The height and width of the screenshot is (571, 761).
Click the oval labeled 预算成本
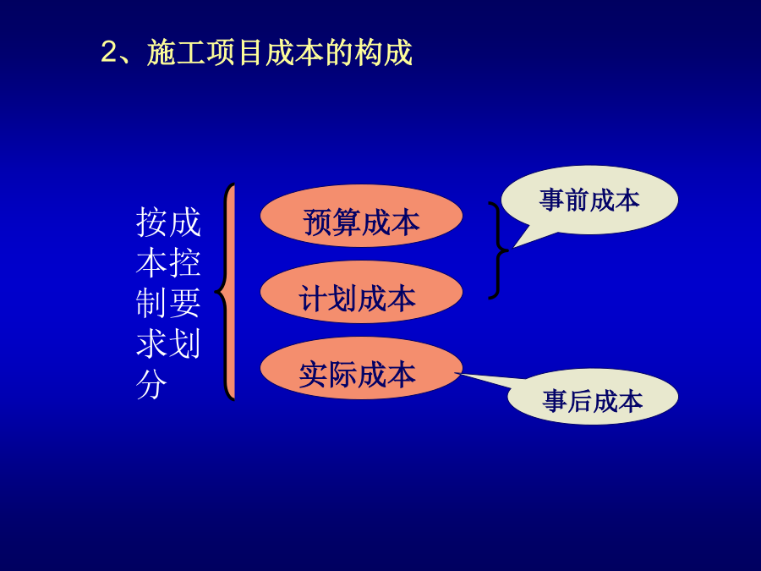(361, 216)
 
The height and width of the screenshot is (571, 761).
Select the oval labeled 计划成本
(361, 292)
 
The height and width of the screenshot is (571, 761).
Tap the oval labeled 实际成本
(361, 368)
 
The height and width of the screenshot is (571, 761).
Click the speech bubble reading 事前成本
(589, 200)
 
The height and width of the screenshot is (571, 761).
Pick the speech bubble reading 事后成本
(592, 397)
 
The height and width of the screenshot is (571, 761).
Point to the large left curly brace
(226, 292)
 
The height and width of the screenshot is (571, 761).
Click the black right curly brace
(498, 250)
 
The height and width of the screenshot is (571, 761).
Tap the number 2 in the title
(109, 52)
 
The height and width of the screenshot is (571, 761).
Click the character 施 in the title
(162, 52)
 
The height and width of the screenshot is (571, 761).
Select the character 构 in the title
(369, 52)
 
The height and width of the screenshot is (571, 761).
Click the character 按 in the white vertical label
(151, 222)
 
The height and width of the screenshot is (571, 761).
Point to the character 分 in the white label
(151, 385)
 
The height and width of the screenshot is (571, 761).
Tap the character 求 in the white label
(151, 343)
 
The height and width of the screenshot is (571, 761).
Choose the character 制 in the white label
(151, 303)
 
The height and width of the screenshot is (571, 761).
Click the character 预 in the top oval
(317, 222)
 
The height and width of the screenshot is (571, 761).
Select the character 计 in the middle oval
(314, 298)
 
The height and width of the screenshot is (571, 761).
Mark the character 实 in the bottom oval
(314, 375)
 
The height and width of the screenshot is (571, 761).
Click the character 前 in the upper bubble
(577, 200)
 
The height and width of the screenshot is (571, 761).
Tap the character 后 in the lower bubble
(580, 401)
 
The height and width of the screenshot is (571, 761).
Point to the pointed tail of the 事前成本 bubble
(514, 247)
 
